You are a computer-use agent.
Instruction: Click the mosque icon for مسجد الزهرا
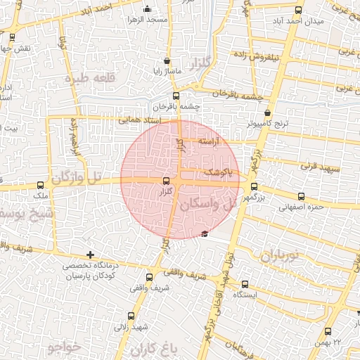click(147, 9)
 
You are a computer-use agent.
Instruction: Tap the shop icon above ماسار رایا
click(166, 60)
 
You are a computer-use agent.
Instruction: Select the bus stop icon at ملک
click(39, 186)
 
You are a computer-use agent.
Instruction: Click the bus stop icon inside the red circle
click(166, 181)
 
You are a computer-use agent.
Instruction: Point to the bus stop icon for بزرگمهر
click(254, 188)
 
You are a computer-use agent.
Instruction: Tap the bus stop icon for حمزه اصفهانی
click(302, 197)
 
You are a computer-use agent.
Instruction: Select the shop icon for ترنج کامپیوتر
click(268, 112)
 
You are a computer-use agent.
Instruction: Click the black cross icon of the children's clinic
click(89, 255)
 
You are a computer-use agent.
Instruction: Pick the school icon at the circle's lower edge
click(205, 234)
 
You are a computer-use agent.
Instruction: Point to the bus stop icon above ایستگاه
click(244, 284)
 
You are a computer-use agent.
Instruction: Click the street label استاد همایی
click(139, 120)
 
